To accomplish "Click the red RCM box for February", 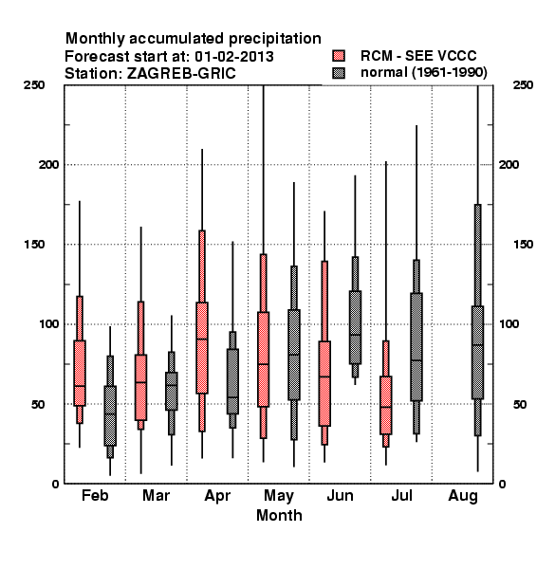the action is [x=80, y=373].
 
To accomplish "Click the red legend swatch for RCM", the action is [x=339, y=56].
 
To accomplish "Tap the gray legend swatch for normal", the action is [x=339, y=73].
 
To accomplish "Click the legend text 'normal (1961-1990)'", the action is [x=423, y=73].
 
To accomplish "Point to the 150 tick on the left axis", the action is [x=34, y=244].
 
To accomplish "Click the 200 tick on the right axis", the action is [x=509, y=164].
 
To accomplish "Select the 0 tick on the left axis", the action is [x=55, y=484].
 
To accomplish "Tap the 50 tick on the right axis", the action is [x=520, y=404].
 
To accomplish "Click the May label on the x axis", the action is [x=279, y=496].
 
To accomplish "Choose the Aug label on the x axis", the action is [x=463, y=496].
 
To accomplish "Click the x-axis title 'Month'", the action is [x=279, y=515].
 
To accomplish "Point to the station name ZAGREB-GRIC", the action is [x=181, y=74].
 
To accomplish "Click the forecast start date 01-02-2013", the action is [x=234, y=57].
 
